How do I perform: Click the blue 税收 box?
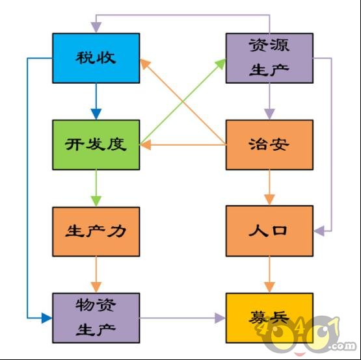coord(96,58)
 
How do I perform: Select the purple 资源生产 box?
coord(269,58)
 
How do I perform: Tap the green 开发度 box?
coord(96,145)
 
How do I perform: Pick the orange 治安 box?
coord(269,145)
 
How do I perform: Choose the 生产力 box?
coord(96,231)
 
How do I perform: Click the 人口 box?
coord(269,231)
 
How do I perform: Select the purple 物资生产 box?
coord(96,318)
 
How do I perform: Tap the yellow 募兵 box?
coord(269,318)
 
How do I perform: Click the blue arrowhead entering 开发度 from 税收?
coord(96,114)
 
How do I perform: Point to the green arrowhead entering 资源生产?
coord(221,64)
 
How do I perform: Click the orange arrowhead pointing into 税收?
coord(145,64)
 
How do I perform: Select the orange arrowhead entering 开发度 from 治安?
coord(145,145)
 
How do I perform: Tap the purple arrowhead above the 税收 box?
coord(96,27)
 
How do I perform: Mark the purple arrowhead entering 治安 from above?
coord(269,114)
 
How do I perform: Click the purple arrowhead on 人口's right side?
coord(319,231)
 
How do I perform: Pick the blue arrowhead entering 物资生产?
coord(47,318)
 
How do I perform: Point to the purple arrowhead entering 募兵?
coord(220,318)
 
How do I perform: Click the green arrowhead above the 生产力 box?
coord(96,201)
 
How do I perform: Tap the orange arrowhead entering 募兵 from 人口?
coord(269,287)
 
